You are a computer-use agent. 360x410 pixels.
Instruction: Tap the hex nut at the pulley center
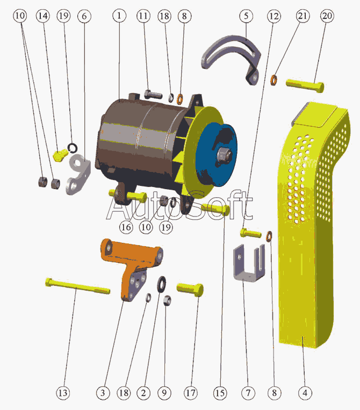coord(224,155)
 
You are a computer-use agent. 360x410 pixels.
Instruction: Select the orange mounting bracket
coord(131,267)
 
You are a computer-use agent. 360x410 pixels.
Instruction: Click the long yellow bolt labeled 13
coord(78,286)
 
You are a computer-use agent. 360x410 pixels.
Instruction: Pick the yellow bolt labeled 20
coord(305,85)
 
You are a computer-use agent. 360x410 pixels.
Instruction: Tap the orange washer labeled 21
coord(273,80)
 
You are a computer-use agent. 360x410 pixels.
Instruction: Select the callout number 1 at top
coord(119,16)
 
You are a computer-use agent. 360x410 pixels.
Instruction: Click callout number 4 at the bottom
coord(305,392)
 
